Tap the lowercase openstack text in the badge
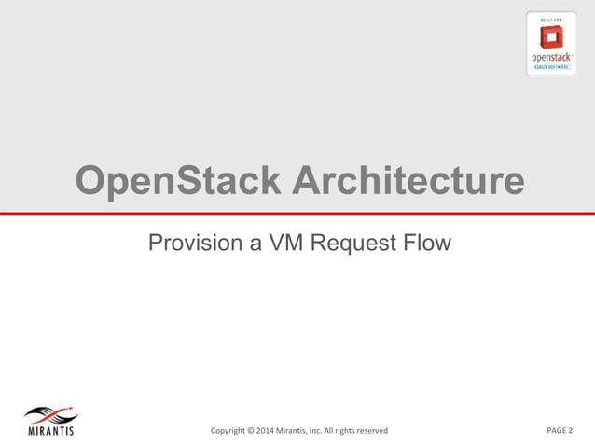pyautogui.click(x=551, y=56)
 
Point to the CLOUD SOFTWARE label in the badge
pyautogui.click(x=551, y=66)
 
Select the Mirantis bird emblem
pyautogui.click(x=51, y=416)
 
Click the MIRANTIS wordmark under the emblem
pyautogui.click(x=50, y=431)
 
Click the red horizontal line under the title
pyautogui.click(x=297, y=214)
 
